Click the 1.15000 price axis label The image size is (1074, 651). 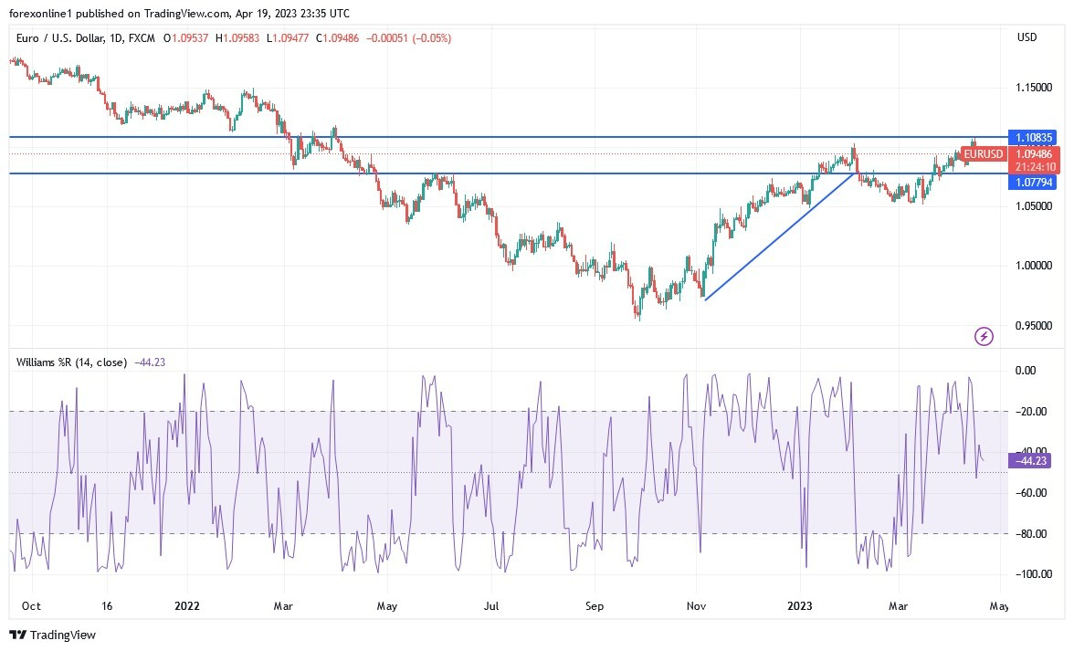1034,88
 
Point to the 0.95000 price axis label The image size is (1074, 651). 1034,325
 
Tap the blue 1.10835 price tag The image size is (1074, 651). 1031,137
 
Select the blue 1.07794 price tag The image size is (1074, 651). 1031,183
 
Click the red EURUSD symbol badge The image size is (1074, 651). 984,154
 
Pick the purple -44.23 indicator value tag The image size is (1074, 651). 1031,461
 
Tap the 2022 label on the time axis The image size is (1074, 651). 186,605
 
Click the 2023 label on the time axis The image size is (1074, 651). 800,605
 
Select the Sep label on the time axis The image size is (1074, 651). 595,605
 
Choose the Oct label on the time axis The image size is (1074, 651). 31,605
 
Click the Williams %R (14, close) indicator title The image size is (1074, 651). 71,362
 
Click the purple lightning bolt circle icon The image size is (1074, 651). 984,337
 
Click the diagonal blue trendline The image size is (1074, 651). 779,236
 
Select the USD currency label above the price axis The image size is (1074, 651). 1027,37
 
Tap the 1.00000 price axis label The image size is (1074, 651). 1034,266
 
